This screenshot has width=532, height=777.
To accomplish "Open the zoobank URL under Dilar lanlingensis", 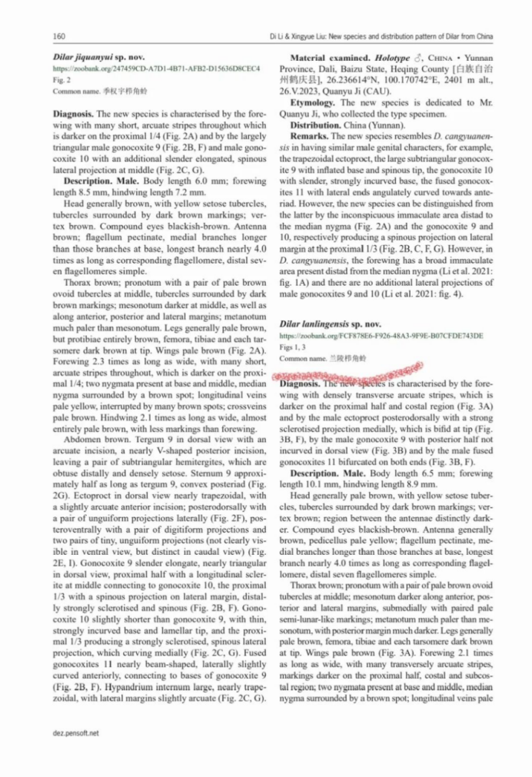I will (x=381, y=336).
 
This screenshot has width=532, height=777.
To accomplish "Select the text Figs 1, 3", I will (x=293, y=347).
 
